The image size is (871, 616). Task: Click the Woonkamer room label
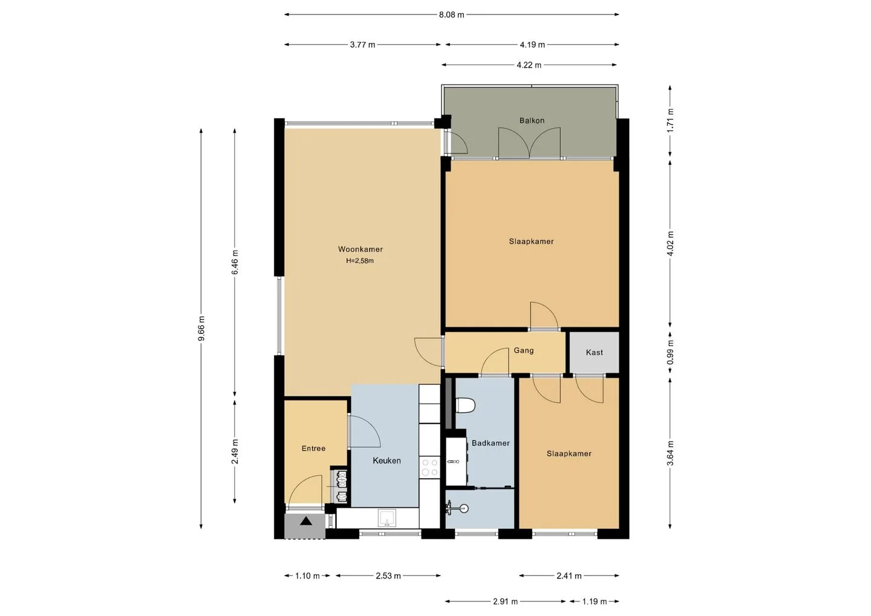tap(360, 249)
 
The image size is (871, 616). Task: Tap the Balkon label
tap(532, 120)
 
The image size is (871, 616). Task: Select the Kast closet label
tap(594, 352)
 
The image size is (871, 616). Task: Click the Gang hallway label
tap(523, 350)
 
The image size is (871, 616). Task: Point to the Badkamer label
tap(491, 443)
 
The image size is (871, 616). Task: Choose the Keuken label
tap(387, 460)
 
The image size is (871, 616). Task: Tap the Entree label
tap(313, 448)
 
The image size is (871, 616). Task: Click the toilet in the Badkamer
tap(465, 405)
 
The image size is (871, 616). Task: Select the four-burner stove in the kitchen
tap(429, 467)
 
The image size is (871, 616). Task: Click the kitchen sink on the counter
tap(387, 518)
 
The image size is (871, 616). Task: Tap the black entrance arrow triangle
tap(306, 521)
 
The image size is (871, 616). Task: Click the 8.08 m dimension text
tap(451, 15)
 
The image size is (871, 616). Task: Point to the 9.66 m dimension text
tap(201, 329)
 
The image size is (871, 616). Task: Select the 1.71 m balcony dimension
tap(670, 120)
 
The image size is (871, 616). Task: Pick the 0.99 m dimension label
tap(670, 352)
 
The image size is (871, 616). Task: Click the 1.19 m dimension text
tap(594, 601)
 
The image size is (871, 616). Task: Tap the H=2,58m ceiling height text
tap(360, 261)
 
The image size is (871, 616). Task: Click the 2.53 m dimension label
tap(388, 576)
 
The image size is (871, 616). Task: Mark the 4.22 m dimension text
tap(529, 65)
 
